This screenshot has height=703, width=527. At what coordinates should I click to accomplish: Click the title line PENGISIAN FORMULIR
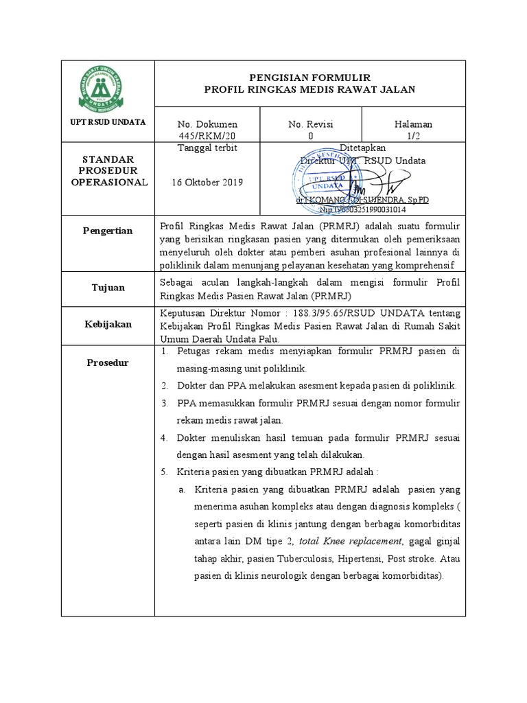310,78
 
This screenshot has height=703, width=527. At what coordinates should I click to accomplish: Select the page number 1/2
413,136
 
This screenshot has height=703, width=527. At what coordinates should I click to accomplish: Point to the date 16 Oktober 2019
209,183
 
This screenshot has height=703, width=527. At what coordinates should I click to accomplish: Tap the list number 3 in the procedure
165,403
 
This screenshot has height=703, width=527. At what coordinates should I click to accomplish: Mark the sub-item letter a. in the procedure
182,489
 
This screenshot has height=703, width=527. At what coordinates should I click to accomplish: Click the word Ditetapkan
363,148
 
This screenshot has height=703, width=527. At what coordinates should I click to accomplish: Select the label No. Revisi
310,124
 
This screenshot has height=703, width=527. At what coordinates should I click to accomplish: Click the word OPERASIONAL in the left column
109,183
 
